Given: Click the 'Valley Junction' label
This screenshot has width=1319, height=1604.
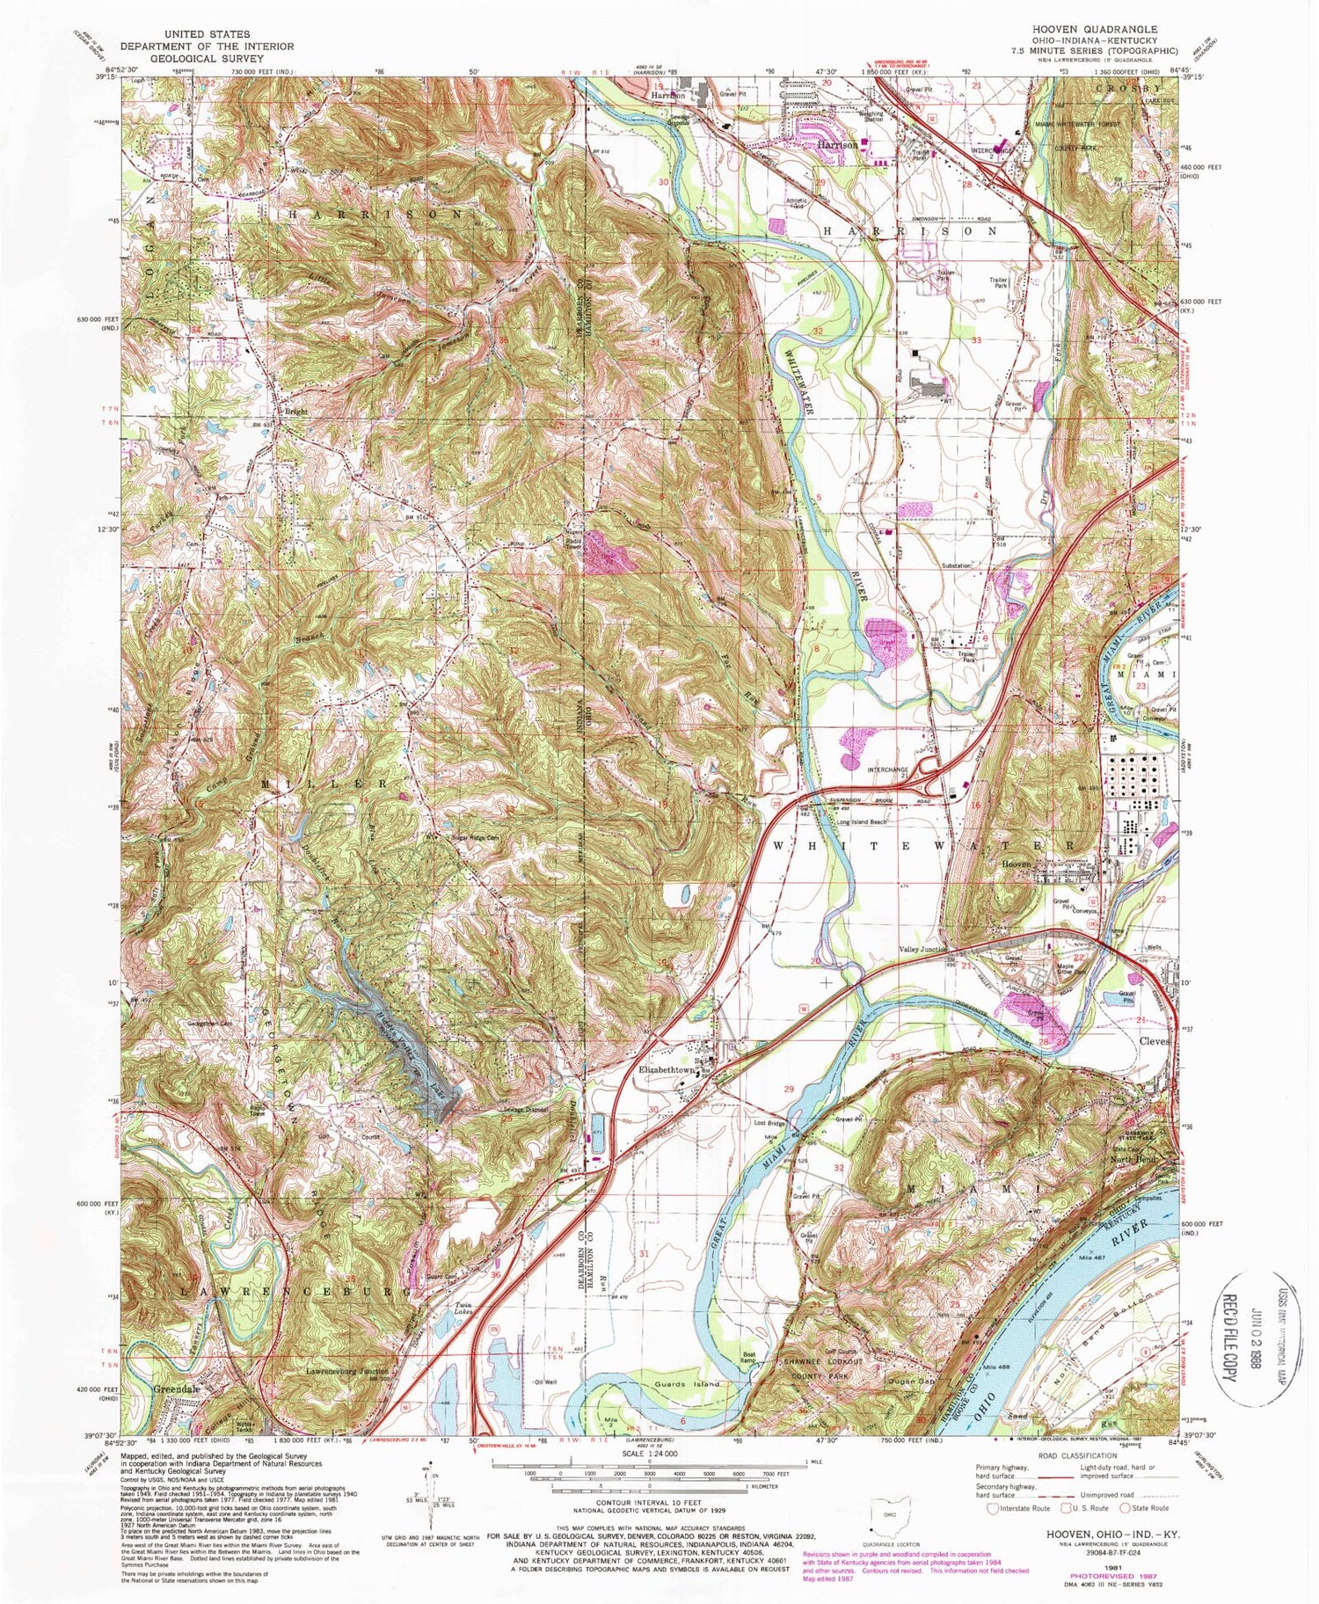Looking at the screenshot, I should click(x=922, y=949).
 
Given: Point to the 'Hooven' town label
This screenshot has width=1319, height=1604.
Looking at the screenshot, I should click(x=1018, y=864).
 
